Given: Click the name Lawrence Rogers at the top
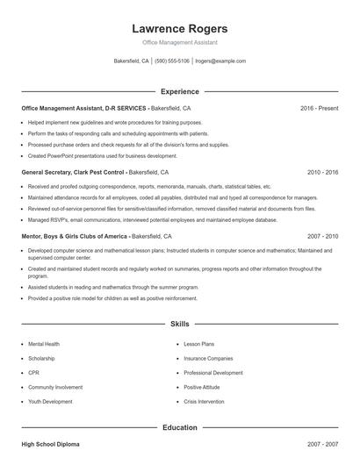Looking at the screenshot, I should pyautogui.click(x=179, y=29).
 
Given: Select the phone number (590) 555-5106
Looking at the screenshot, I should pyautogui.click(x=172, y=61).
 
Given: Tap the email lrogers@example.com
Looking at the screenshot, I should pyautogui.click(x=220, y=61).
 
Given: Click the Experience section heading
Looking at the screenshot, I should pyautogui.click(x=180, y=91).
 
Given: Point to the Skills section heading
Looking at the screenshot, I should pyautogui.click(x=180, y=324).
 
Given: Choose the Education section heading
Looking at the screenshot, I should pyautogui.click(x=180, y=427).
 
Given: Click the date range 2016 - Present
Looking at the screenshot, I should pyautogui.click(x=319, y=108).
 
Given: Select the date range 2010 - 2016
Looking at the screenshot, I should pyautogui.click(x=322, y=173).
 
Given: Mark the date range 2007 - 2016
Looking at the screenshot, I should pyautogui.click(x=322, y=237).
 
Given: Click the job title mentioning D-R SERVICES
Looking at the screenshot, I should pyautogui.click(x=84, y=108).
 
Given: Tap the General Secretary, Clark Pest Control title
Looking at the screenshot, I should pyautogui.click(x=74, y=173).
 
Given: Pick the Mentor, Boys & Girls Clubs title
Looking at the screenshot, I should pyautogui.click(x=75, y=237).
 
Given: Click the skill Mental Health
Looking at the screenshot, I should pyautogui.click(x=44, y=345).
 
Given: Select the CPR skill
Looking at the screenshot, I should pyautogui.click(x=33, y=373).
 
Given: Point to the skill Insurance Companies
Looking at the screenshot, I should pyautogui.click(x=208, y=359).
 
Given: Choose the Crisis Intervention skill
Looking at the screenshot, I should pyautogui.click(x=204, y=401).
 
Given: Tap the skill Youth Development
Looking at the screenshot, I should pyautogui.click(x=49, y=401).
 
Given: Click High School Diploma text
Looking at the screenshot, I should pyautogui.click(x=50, y=446).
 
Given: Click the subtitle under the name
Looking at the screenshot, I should pyautogui.click(x=179, y=42).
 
